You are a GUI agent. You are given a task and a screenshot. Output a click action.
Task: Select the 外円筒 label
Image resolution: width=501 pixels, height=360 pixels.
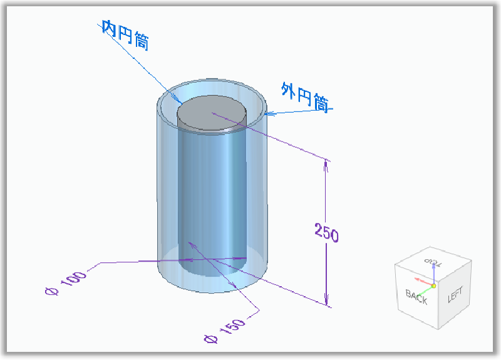pos(305,98)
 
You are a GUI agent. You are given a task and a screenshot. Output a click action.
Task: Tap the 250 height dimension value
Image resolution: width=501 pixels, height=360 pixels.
pos(326,234)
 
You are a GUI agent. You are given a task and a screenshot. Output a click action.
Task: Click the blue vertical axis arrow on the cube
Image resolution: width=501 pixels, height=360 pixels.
pos(433,273)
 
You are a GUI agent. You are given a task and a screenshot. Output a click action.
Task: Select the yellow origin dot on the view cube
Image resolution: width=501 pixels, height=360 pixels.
pos(433,285)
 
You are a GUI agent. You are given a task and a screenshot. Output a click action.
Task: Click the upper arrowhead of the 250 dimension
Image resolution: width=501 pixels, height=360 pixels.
pos(326,164)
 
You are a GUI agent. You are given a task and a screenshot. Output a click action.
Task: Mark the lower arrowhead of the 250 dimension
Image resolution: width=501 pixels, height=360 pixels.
pos(326,302)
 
